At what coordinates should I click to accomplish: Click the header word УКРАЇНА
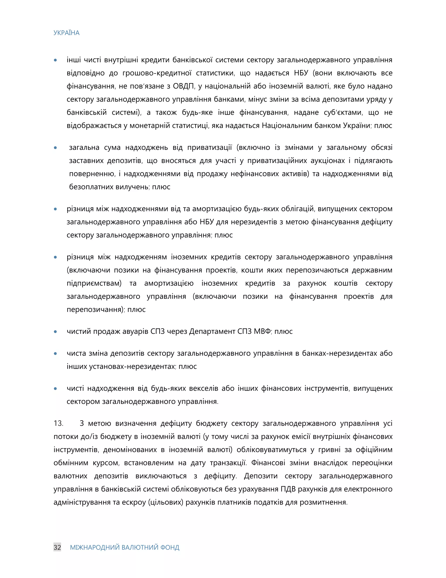point(66,33)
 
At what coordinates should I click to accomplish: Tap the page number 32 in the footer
point(57,547)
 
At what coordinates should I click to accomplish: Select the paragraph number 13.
point(58,423)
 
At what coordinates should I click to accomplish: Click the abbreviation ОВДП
point(184,86)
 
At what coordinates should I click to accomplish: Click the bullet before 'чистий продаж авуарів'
point(56,332)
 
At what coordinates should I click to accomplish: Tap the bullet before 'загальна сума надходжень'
point(56,148)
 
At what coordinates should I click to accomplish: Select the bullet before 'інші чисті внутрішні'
point(56,60)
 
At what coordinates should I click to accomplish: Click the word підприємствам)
point(94,283)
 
